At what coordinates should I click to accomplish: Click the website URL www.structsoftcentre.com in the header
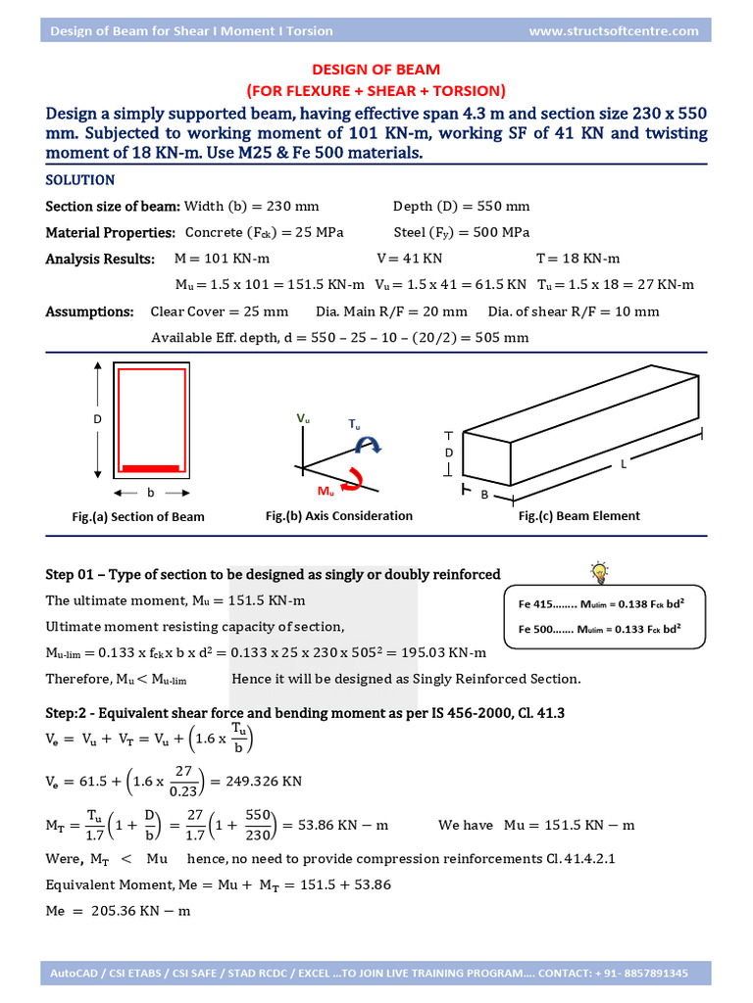(614, 30)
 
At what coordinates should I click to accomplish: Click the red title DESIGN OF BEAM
(376, 70)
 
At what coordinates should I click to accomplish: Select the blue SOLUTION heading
(80, 180)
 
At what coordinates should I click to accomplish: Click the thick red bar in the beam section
(150, 468)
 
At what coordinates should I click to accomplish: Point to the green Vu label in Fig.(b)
(303, 418)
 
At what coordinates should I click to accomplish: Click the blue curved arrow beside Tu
(369, 445)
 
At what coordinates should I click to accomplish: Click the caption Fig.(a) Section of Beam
(138, 516)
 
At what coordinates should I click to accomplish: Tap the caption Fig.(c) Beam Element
(578, 515)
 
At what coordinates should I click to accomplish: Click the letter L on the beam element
(623, 465)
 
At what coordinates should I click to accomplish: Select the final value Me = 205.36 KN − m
(118, 911)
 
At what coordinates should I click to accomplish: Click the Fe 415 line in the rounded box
(599, 604)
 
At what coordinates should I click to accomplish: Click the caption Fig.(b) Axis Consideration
(339, 515)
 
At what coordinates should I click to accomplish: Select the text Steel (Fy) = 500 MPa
(461, 232)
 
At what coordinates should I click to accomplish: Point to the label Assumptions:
(90, 311)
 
